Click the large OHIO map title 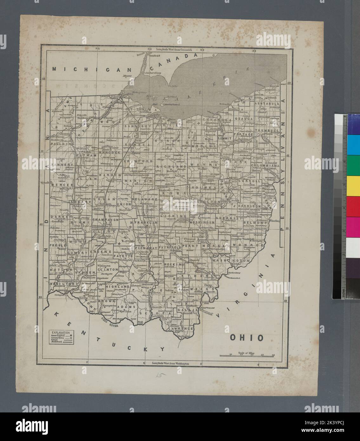pos(247,338)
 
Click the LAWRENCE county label pos(181,328)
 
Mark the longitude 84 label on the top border pos(97,49)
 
